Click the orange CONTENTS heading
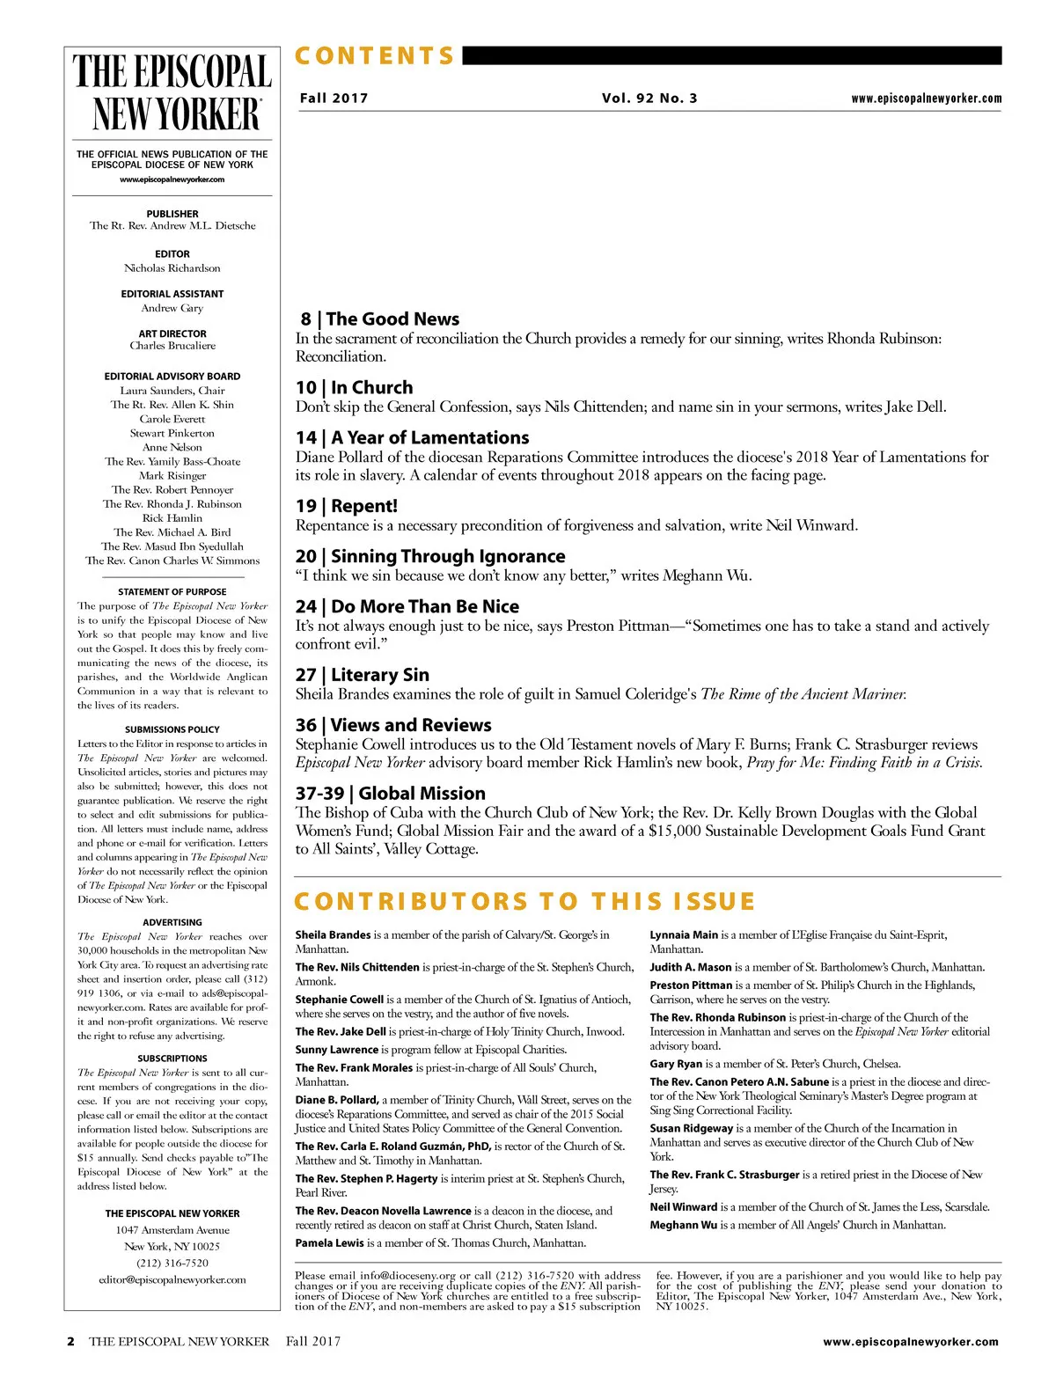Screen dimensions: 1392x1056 [x=375, y=56]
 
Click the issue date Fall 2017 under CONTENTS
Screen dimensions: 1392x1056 [x=334, y=99]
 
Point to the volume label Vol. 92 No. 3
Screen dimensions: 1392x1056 [x=649, y=99]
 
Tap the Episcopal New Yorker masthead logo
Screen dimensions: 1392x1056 [x=172, y=93]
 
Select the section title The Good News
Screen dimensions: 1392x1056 [x=392, y=319]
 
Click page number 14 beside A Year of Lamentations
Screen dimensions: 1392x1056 [x=305, y=438]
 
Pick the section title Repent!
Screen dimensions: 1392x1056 [x=364, y=507]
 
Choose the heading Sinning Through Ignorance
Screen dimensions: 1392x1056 [x=448, y=557]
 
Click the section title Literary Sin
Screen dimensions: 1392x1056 [x=380, y=676]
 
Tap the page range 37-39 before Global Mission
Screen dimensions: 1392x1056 [x=319, y=794]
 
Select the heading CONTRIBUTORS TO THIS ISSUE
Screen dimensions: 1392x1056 [x=524, y=902]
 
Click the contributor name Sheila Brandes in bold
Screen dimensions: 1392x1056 [x=333, y=935]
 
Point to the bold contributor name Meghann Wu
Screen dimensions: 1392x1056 [x=683, y=1225]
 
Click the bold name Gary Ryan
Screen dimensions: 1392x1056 [x=675, y=1064]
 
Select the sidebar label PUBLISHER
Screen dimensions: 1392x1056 [x=172, y=214]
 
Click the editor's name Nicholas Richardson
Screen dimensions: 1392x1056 [x=172, y=268]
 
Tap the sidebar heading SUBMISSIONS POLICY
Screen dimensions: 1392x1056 [x=172, y=729]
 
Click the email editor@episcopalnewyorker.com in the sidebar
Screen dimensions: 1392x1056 [x=172, y=1279]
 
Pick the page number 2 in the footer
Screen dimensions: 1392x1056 [x=71, y=1342]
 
